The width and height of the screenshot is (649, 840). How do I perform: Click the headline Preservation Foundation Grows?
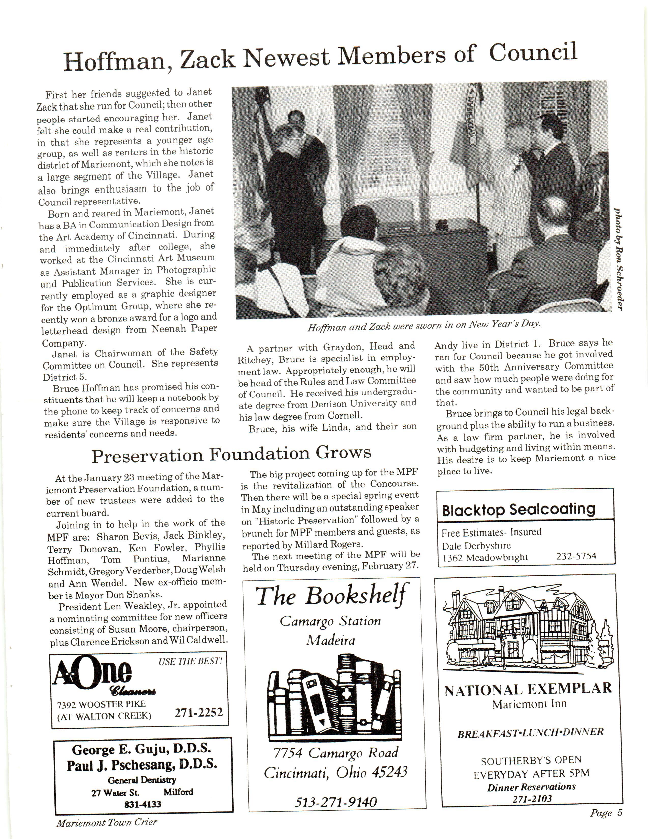231,454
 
